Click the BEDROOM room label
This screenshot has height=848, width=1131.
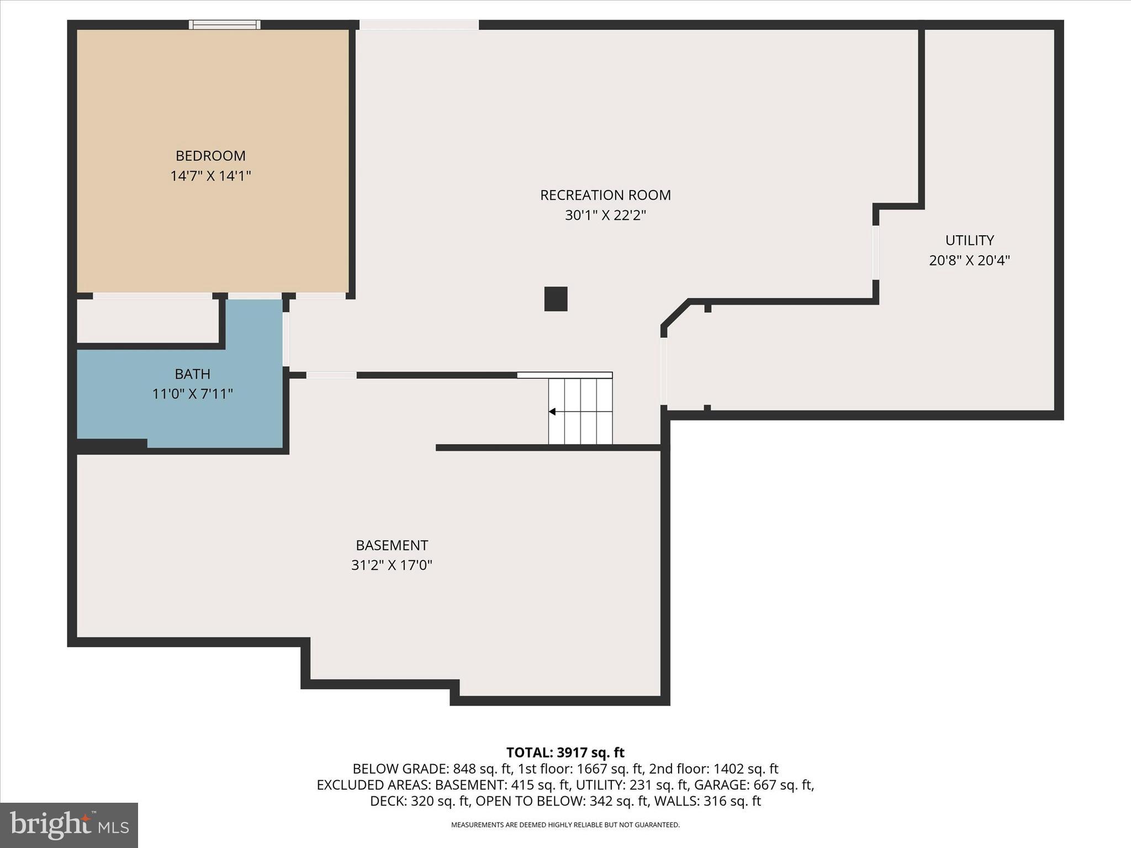[210, 156]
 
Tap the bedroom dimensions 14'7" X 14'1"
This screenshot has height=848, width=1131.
[210, 176]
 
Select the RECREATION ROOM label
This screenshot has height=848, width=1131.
[605, 195]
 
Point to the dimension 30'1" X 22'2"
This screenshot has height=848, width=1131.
[605, 215]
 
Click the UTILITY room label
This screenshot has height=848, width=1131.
[969, 240]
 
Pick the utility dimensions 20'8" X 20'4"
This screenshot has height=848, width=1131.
[969, 261]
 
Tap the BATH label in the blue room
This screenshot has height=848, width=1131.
[192, 374]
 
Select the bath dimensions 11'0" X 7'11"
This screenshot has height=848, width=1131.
[192, 394]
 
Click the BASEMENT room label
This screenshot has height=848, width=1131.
[392, 545]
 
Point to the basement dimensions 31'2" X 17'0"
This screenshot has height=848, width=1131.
[392, 565]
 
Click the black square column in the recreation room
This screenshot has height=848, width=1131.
[556, 299]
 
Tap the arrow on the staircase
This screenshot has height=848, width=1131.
[552, 412]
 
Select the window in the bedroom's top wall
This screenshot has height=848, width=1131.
[224, 24]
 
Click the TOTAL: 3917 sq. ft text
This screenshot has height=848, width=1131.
[565, 752]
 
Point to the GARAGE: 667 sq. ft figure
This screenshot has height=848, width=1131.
[754, 785]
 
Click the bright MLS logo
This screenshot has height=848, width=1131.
[68, 825]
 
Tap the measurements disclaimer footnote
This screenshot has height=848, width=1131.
[565, 825]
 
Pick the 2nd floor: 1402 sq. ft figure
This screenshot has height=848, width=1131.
[714, 768]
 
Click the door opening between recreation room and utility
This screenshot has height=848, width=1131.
[875, 252]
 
